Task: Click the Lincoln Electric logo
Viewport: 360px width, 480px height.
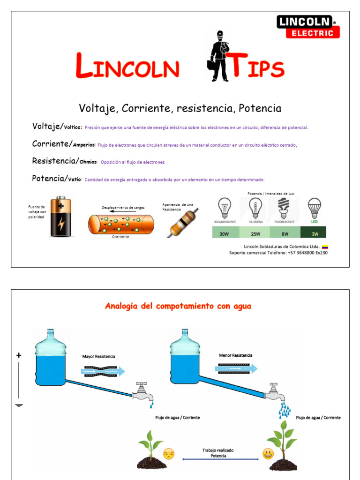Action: (307, 26)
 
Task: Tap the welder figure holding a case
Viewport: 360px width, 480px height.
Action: (219, 56)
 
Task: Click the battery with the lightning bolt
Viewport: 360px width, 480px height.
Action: (60, 217)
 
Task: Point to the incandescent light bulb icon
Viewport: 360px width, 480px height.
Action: (225, 208)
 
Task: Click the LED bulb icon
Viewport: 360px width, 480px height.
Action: (314, 208)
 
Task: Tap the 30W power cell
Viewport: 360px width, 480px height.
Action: (225, 232)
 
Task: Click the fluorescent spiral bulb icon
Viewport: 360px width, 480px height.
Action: (284, 208)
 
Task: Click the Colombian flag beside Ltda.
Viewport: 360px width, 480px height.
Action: (324, 247)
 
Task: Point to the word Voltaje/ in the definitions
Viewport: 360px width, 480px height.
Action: (47, 126)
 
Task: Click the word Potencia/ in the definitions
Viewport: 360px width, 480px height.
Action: (49, 179)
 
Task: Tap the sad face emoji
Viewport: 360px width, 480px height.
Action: (168, 454)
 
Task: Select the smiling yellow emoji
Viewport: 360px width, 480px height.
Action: (268, 454)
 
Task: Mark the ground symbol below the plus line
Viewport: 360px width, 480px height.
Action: (19, 405)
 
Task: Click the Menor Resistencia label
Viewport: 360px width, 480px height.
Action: (235, 355)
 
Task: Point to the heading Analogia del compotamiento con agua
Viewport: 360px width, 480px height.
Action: (178, 306)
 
